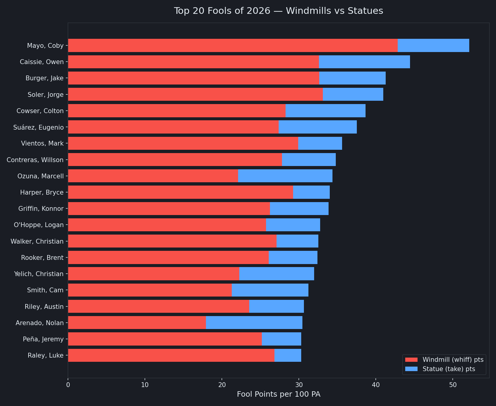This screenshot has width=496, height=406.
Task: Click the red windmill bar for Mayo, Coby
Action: [x=233, y=45]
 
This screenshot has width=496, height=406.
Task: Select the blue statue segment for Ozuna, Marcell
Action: [x=285, y=176]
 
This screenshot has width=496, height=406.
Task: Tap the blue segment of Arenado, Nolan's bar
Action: [x=254, y=323]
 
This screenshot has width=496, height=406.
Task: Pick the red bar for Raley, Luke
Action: [x=171, y=355]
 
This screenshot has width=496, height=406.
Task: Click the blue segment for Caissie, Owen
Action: [x=364, y=62]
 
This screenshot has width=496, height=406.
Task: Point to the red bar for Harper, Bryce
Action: [x=181, y=192]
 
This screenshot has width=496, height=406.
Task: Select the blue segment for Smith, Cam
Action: [x=270, y=290]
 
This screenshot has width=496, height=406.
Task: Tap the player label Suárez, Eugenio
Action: [x=38, y=128]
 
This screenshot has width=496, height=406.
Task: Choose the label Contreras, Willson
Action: [x=35, y=160]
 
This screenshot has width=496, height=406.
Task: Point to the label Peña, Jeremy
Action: [x=43, y=339]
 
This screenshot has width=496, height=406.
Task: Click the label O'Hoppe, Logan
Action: [x=39, y=225]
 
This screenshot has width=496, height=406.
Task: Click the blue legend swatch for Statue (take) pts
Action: [x=411, y=369]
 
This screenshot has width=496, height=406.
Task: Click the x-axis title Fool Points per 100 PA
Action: [x=279, y=394]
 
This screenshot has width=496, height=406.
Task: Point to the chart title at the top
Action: [x=279, y=11]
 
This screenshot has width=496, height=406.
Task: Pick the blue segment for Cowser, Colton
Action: [x=326, y=111]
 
